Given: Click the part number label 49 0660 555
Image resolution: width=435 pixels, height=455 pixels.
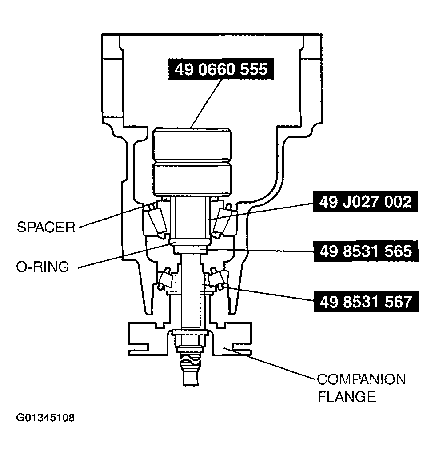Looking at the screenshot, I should coord(220,69).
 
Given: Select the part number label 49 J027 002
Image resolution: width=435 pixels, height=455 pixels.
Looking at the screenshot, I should coord(363,202).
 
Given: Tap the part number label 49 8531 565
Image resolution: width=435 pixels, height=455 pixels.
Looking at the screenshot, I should coord(363,251).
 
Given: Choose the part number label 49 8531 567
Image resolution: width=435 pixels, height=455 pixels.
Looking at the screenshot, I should coord(363,302).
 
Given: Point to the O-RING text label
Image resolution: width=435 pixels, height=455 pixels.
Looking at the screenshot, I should coord(43,267).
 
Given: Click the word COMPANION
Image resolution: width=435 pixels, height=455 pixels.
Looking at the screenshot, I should coord(361,380).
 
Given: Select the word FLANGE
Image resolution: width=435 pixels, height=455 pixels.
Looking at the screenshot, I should coord(347,396).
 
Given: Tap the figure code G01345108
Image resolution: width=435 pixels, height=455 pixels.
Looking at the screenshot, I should coord(45,418).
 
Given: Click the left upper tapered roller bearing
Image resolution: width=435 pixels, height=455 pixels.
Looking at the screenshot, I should coord(154,220).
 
